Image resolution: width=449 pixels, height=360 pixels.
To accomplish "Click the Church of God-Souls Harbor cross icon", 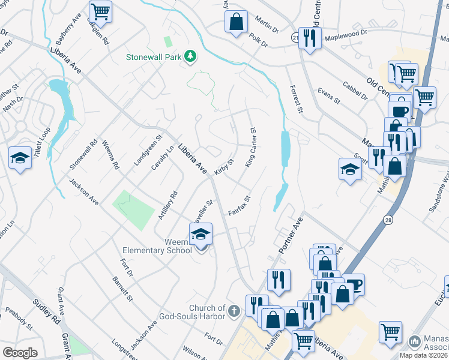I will click(x=234, y=311).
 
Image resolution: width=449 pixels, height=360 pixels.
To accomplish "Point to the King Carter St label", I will click(x=251, y=147).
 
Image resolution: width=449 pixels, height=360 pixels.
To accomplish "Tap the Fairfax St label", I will click(x=239, y=205).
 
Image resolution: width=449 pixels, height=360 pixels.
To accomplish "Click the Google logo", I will click(x=20, y=352).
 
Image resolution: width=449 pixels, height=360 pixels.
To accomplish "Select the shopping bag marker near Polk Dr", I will click(x=237, y=22).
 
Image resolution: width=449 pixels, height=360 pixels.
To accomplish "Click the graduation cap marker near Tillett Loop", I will click(x=20, y=158).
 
